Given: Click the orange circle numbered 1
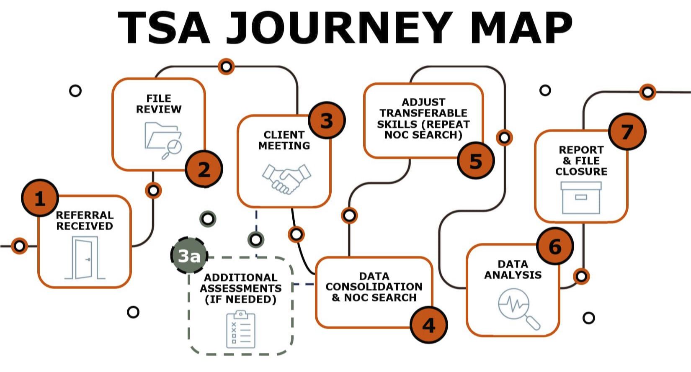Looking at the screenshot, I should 40,198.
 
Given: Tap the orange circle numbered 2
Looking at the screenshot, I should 204,169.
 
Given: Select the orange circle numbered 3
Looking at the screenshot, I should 327,121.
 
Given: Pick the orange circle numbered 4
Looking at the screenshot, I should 429,325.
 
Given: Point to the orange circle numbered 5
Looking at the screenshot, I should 476,161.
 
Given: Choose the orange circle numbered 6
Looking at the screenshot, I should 555,246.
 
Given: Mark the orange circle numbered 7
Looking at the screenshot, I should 627,131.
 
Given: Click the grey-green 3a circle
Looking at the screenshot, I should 189,256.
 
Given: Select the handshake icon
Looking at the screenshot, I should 286,179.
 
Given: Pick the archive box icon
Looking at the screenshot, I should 581,198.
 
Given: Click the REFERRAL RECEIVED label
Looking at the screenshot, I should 85,221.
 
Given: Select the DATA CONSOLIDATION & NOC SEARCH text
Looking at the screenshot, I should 374,287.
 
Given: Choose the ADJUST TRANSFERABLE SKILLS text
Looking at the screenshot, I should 423,118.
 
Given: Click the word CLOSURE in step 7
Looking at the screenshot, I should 581,171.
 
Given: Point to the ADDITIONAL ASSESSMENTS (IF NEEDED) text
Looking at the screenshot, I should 240,288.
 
